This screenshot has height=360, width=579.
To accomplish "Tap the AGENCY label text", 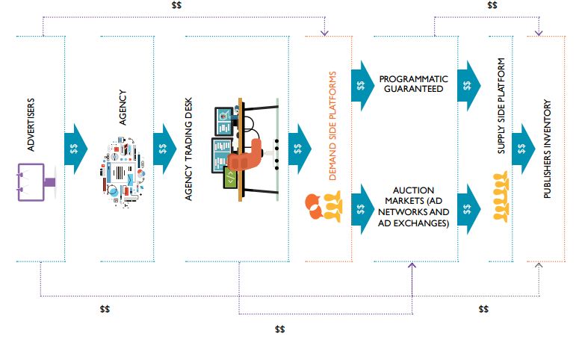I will [x=123, y=109].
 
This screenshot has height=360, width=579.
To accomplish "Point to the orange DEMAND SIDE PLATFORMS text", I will [x=334, y=127].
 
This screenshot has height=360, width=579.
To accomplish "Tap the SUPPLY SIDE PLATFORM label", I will [x=502, y=105].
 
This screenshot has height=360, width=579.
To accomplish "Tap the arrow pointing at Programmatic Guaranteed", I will [x=363, y=84].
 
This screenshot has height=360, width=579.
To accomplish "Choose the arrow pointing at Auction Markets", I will [x=363, y=208].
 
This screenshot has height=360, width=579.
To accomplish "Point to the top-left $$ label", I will [x=176, y=5].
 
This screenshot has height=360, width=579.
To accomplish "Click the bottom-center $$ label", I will [x=280, y=329].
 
